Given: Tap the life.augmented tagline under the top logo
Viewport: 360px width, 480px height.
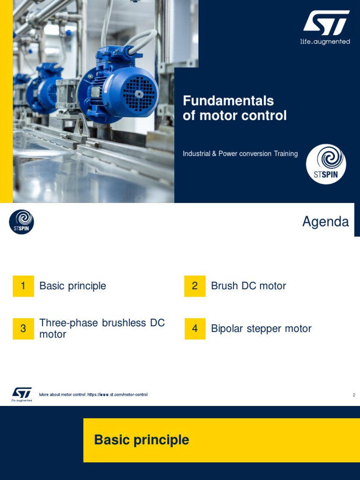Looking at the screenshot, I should tap(325, 42).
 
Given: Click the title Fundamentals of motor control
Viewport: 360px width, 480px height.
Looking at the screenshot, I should tap(234, 108).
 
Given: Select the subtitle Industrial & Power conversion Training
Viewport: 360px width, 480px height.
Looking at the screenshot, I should tap(240, 154).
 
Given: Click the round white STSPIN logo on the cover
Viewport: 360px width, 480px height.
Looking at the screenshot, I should tap(326, 164).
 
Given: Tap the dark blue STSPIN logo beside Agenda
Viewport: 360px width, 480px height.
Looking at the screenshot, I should tap(22, 222).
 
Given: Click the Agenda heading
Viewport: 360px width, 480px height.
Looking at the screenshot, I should tap(325, 222).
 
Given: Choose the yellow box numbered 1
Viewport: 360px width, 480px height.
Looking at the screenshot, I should tap(23, 286).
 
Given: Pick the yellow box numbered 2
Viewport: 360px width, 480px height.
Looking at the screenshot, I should tap(195, 286).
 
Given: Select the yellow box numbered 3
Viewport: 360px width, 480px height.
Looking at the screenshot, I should tap(23, 329).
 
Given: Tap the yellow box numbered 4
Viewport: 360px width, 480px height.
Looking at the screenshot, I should tap(195, 329).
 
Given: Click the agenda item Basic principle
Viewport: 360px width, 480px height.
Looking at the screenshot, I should tap(73, 286).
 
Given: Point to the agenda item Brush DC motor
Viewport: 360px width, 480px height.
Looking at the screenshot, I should tap(248, 286).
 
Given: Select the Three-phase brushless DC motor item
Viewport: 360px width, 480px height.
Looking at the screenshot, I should tap(102, 329).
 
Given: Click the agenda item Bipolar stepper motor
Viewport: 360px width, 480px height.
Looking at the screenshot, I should tap(261, 329).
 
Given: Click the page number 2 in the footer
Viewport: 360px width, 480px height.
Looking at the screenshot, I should tap(354, 395).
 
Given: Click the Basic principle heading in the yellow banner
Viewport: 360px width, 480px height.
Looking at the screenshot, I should tap(142, 440).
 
